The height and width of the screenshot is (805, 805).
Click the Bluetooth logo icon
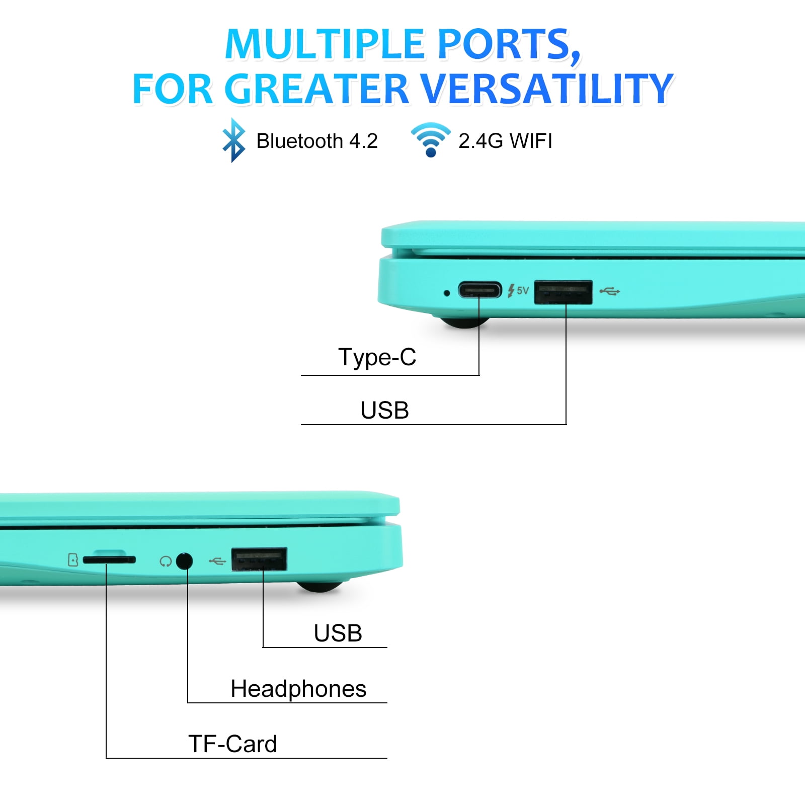pyautogui.click(x=234, y=140)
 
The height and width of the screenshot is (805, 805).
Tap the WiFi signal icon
pyautogui.click(x=431, y=140)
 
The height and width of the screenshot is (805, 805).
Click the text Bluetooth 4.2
pyautogui.click(x=317, y=141)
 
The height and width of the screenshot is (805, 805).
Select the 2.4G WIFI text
pyautogui.click(x=505, y=141)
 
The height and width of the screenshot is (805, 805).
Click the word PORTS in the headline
pyautogui.click(x=509, y=44)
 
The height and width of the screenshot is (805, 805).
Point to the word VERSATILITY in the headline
pyautogui.click(x=546, y=89)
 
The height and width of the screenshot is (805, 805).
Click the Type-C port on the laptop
pyautogui.click(x=480, y=290)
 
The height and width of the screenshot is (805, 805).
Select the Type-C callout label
pyautogui.click(x=377, y=357)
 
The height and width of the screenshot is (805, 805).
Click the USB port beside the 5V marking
pyautogui.click(x=563, y=292)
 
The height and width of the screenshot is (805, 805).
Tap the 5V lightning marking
pyautogui.click(x=518, y=290)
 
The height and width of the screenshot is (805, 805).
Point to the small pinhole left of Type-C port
pyautogui.click(x=446, y=293)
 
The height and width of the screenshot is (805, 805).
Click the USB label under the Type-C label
pyautogui.click(x=385, y=410)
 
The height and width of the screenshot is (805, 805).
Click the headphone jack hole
pyautogui.click(x=185, y=560)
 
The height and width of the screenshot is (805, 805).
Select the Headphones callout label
pyautogui.click(x=298, y=689)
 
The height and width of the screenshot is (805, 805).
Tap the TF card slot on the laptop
pyautogui.click(x=109, y=559)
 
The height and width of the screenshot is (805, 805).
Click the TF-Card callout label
pyautogui.click(x=232, y=744)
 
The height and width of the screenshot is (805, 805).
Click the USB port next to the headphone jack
pyautogui.click(x=259, y=559)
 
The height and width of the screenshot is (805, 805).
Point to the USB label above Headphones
pyautogui.click(x=338, y=633)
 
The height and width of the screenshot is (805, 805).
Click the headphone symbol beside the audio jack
pyautogui.click(x=166, y=561)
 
